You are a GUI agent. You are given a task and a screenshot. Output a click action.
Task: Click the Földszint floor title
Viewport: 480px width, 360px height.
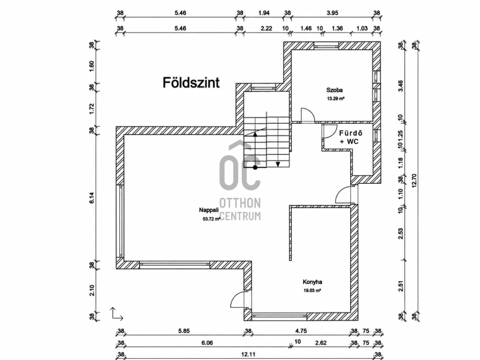(x=191, y=83)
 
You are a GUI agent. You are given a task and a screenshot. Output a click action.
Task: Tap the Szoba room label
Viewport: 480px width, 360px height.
(x=334, y=90)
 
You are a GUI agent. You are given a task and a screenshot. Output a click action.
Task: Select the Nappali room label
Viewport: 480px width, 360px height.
(x=209, y=210)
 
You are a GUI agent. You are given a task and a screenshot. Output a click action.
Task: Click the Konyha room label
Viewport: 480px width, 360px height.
(x=312, y=282)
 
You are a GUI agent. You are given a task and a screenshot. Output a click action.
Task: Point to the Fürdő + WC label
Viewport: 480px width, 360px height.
(x=350, y=137)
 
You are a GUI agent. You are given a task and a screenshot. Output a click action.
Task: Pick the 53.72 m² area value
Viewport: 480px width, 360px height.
(x=211, y=219)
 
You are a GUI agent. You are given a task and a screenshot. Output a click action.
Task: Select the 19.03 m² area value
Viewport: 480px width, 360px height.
(x=312, y=290)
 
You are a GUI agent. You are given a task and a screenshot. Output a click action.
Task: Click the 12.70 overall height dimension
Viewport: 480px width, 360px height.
(x=415, y=181)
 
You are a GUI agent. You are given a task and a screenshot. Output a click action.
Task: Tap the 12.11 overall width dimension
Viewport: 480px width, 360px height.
(x=248, y=355)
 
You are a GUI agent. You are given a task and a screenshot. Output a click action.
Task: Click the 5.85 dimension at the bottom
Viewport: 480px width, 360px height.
(x=184, y=331)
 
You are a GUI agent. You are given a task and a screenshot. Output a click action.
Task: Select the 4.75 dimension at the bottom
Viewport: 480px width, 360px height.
(x=301, y=331)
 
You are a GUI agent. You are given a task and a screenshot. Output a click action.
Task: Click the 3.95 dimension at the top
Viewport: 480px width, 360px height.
(x=332, y=13)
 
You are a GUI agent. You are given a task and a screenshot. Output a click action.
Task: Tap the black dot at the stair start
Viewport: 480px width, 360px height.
(x=255, y=167)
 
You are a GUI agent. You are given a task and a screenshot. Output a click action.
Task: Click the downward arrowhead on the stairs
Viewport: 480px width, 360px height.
(x=278, y=164)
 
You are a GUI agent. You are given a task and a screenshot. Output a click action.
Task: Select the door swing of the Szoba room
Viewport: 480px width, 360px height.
(x=308, y=115)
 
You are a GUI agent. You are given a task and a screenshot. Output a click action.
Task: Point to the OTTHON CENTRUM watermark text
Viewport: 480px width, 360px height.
(x=241, y=209)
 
